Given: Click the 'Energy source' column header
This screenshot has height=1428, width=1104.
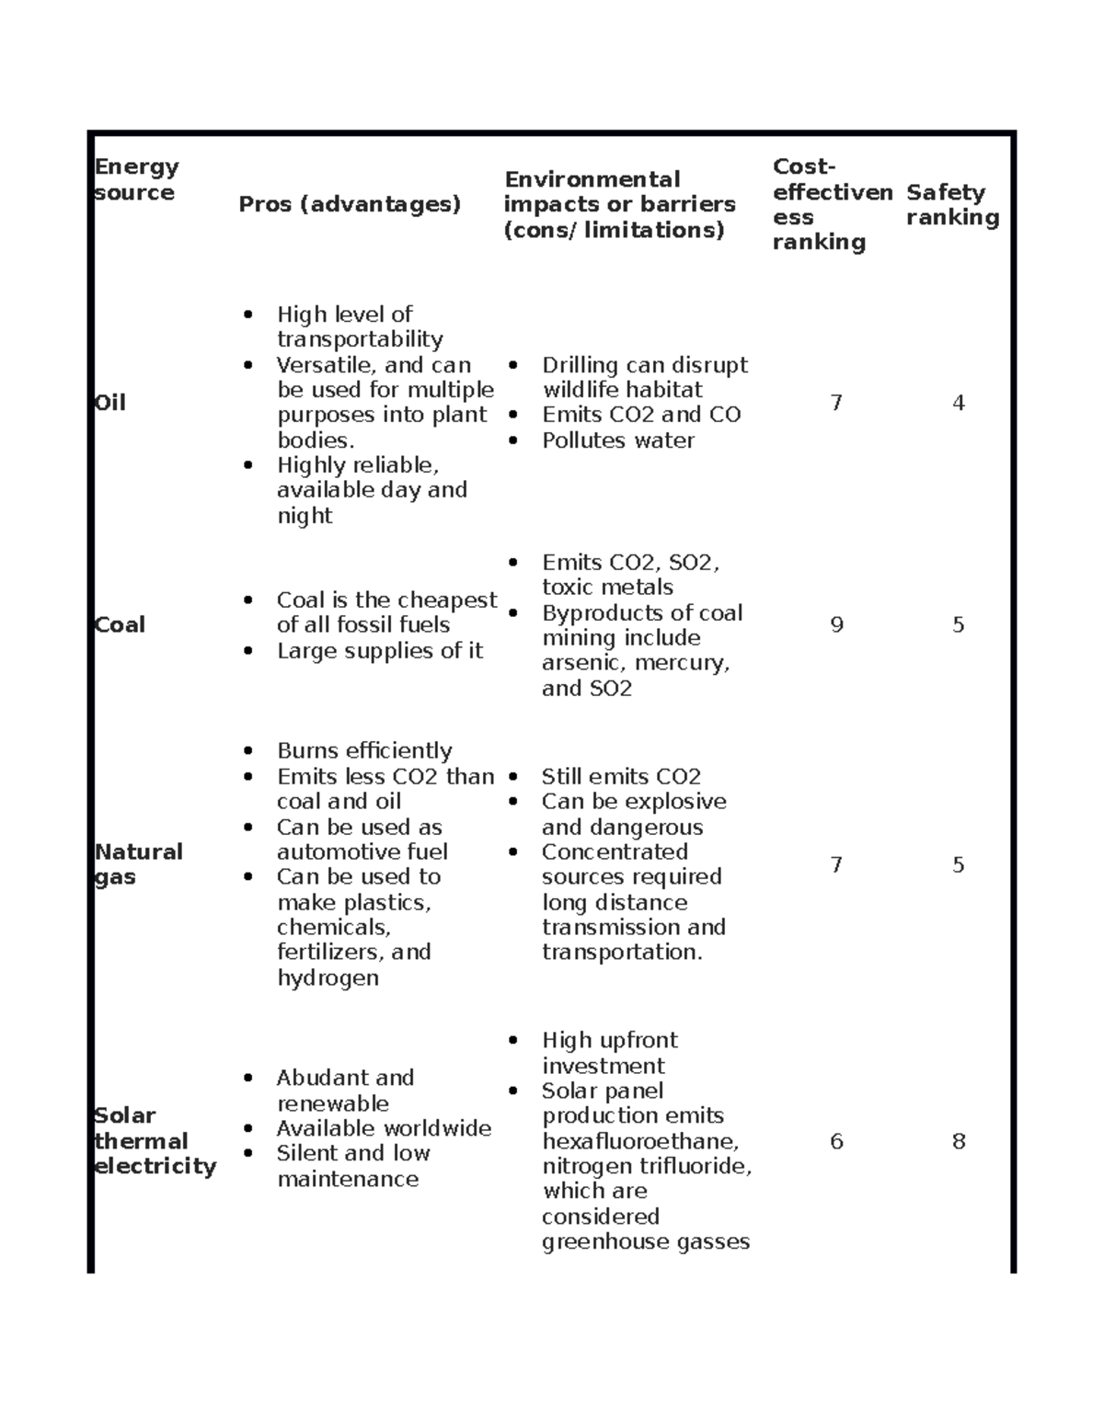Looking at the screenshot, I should [136, 179].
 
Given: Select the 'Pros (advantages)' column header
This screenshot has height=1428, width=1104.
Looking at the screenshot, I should [350, 204].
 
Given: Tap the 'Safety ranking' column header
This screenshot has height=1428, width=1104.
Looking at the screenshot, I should [952, 204].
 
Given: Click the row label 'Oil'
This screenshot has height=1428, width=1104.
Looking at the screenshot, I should [110, 403].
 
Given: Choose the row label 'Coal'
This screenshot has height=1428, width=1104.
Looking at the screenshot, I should [120, 625].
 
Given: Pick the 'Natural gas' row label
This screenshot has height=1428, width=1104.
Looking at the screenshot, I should [138, 864].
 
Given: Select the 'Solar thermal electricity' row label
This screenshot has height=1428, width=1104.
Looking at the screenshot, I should [155, 1140].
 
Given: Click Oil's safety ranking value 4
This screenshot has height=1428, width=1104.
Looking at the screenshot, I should [958, 403].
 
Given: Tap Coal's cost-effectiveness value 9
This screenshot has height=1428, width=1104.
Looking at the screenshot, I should [836, 625].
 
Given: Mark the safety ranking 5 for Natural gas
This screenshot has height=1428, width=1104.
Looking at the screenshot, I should [958, 864].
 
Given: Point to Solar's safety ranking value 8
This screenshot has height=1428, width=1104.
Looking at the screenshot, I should [958, 1141].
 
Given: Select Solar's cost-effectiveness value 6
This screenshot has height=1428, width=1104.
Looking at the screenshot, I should [836, 1141].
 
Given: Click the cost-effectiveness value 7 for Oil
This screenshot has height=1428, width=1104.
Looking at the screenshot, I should [836, 403].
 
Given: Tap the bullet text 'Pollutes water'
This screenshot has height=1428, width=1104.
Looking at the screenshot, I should [617, 440].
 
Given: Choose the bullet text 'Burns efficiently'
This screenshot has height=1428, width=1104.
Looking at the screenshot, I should [364, 750].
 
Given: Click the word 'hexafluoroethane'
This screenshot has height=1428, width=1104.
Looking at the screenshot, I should [639, 1141].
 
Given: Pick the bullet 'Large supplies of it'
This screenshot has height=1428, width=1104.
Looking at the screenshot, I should [379, 651].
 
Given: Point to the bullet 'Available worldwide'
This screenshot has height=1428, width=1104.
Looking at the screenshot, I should [384, 1128].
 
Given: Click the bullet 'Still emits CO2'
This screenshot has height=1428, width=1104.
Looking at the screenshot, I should [621, 776].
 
